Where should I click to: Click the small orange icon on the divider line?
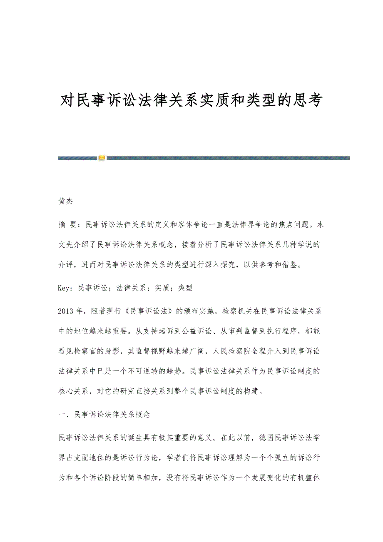point(102,158)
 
